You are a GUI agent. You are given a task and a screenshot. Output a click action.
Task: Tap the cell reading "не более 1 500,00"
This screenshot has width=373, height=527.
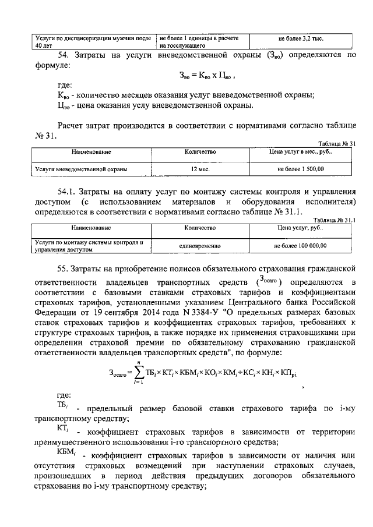[301, 169]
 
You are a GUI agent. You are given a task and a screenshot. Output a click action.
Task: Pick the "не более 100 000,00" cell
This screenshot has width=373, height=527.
[301, 246]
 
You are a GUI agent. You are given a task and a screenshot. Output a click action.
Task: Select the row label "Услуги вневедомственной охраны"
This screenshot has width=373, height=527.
[81, 169]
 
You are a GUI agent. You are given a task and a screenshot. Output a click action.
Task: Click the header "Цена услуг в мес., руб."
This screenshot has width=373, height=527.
[301, 151]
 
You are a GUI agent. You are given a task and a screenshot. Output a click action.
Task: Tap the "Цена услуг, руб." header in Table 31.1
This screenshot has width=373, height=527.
[301, 228]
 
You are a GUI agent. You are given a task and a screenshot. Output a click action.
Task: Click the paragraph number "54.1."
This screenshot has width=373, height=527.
[68, 190]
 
